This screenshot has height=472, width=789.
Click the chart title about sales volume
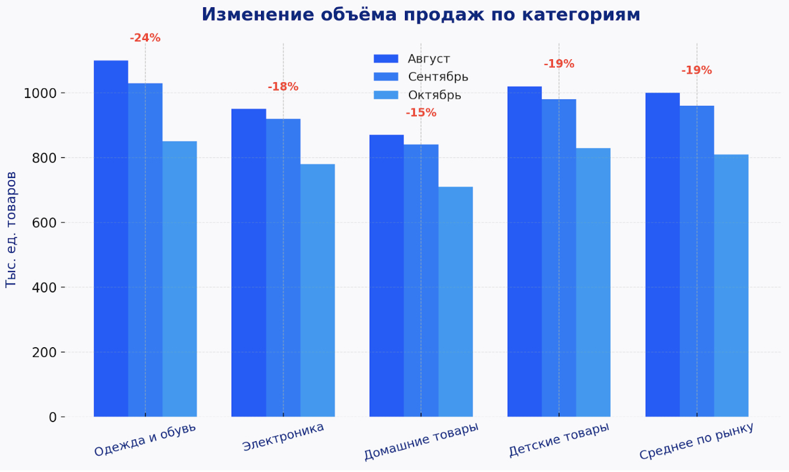(x=421, y=14)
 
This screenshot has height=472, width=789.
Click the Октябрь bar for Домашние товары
(x=456, y=302)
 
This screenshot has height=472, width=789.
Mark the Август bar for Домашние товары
(x=387, y=276)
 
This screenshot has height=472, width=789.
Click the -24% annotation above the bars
(x=145, y=38)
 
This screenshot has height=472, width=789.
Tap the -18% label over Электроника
(x=283, y=87)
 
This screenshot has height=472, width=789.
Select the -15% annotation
(x=421, y=112)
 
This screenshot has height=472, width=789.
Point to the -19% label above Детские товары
(x=559, y=64)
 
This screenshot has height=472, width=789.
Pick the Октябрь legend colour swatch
(x=386, y=95)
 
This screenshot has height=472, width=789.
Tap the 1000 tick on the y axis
(x=41, y=93)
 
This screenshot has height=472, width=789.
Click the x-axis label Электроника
(x=283, y=437)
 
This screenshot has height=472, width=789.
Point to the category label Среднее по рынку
(x=696, y=442)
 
